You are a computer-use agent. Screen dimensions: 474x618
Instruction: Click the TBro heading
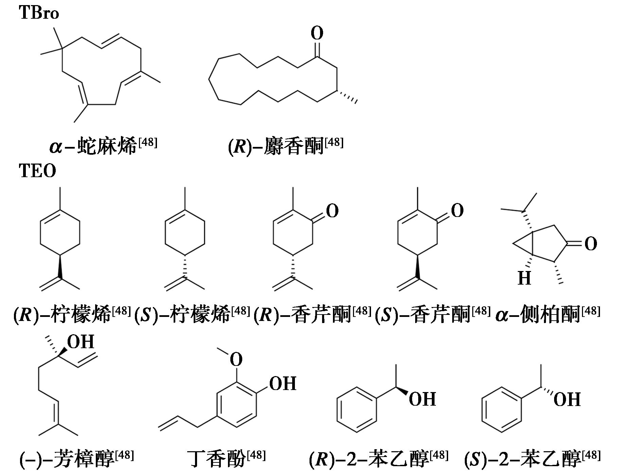[x=39, y=13]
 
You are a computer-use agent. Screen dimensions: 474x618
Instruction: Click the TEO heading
[x=37, y=171]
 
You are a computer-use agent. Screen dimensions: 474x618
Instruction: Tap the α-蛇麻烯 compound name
[x=103, y=146]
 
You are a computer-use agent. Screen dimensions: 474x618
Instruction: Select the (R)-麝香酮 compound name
[x=285, y=146]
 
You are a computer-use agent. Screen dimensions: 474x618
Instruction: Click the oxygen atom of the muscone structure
[x=317, y=34]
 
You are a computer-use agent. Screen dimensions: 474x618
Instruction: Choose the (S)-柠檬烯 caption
[x=192, y=314]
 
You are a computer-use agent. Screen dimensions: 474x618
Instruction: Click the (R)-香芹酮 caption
[x=312, y=314]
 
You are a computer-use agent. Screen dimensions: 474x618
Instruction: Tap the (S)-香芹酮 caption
[x=432, y=314]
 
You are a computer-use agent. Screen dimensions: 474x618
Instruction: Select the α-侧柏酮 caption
[x=548, y=314]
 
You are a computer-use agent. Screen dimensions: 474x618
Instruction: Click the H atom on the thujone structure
[x=524, y=278]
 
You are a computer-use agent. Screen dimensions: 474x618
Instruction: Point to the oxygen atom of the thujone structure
[x=591, y=244]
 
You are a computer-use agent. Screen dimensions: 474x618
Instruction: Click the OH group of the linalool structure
[x=81, y=342]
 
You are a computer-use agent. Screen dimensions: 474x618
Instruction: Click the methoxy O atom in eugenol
[x=236, y=359]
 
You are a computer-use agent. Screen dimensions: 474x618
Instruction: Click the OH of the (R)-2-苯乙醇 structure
[x=422, y=399]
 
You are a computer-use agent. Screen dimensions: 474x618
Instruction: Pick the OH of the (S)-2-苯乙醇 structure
[x=567, y=399]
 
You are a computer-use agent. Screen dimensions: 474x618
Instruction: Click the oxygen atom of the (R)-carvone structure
[x=332, y=211]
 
